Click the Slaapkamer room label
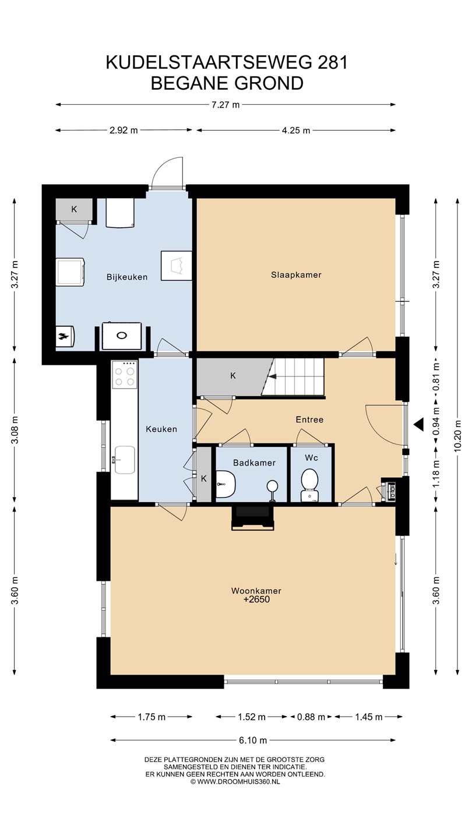pos(296,275)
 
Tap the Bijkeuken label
pos(126,277)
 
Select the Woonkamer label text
pos(256,591)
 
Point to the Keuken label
pos(161,429)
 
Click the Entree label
pos(309,419)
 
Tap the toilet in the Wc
pos(310,485)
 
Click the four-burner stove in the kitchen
pos(125,375)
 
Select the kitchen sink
pos(124,460)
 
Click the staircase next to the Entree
pos(293,376)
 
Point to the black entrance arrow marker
pos(418,424)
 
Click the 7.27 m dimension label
pos(225,105)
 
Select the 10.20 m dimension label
pos(457,436)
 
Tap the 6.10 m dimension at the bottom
pos(253,740)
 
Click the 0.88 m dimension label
pos(311,717)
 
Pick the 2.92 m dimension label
pos(124,131)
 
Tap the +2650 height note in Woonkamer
pos(256,600)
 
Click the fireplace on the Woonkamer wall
pos(253,518)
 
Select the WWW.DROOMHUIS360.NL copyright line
pos(235,781)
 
